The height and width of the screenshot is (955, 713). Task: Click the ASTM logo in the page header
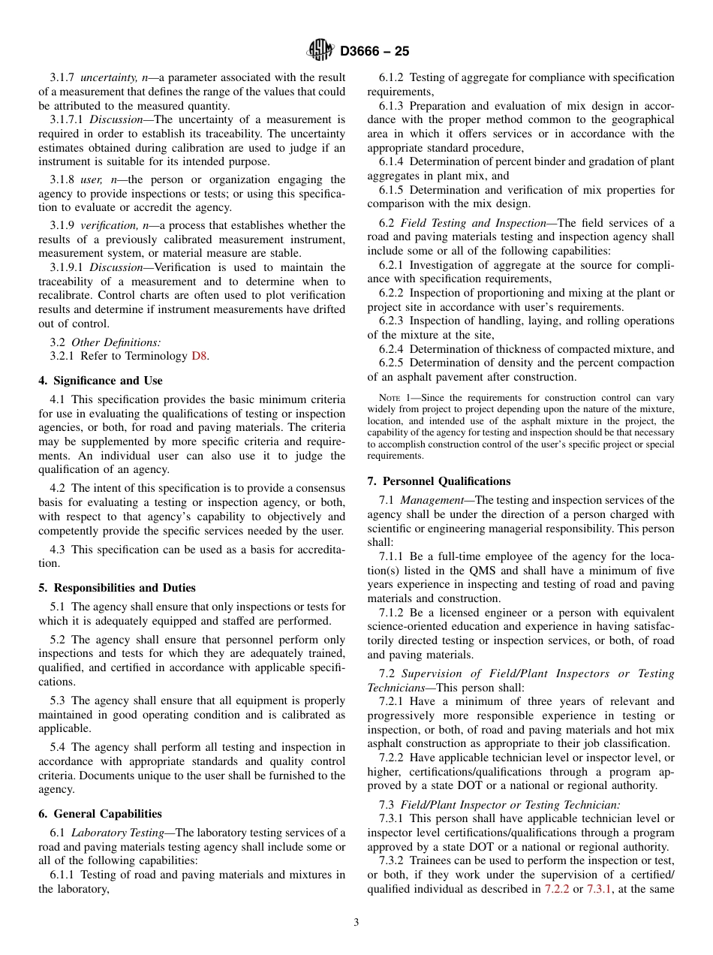[320, 51]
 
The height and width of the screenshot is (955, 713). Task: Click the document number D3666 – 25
[375, 52]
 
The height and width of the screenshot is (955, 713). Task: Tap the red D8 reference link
[198, 357]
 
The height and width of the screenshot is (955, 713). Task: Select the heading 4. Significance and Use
[101, 381]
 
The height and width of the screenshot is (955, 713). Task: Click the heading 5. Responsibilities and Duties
[117, 588]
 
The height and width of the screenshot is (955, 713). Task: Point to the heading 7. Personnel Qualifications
[439, 481]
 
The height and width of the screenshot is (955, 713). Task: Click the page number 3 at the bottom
[356, 923]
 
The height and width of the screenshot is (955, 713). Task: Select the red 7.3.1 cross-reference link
[600, 889]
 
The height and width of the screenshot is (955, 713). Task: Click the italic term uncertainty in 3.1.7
[108, 77]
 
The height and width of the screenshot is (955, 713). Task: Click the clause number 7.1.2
[392, 613]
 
